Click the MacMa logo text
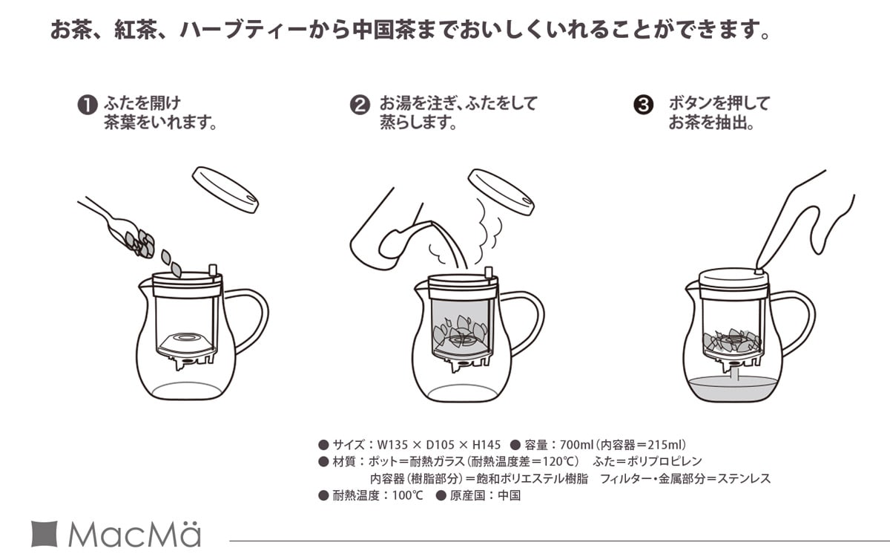(x=133, y=535)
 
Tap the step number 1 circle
(x=88, y=105)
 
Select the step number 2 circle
(x=360, y=105)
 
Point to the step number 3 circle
(x=643, y=105)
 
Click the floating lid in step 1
(x=225, y=189)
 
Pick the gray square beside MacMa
(x=44, y=534)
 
